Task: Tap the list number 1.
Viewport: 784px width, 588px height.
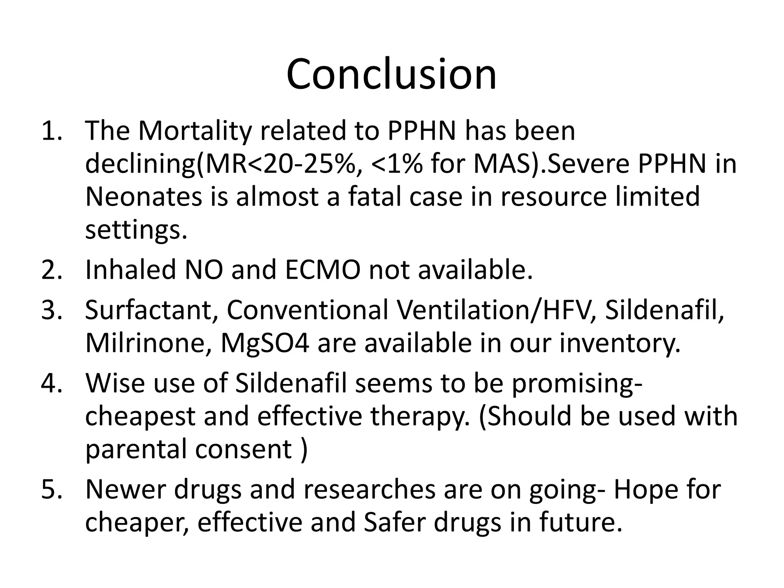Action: coord(51,131)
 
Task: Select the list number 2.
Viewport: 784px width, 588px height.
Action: coord(51,269)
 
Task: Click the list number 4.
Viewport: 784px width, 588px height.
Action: coord(51,383)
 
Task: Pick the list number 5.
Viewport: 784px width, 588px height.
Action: coord(51,489)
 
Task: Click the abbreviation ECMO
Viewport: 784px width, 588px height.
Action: coord(322,269)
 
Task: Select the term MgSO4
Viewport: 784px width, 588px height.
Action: coord(265,344)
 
